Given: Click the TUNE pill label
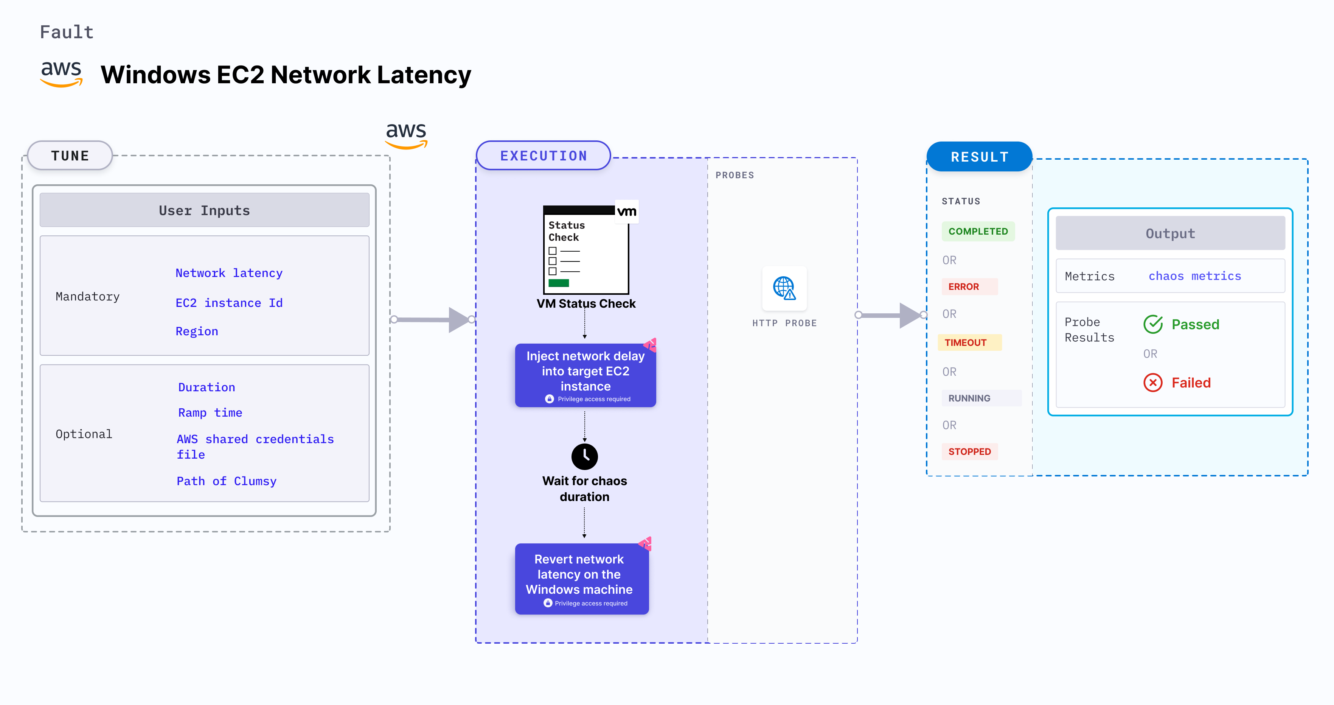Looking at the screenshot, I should coord(70,156).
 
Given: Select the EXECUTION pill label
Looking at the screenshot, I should coord(543,156).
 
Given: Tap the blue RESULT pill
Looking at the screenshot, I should coord(979,156).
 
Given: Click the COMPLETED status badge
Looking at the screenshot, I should coord(978,232).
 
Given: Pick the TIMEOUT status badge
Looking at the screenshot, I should coord(966,342).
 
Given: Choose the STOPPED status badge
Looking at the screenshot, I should coord(969,451).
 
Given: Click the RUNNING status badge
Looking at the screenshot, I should coord(969,398).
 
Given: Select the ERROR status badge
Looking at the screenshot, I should coord(964,286).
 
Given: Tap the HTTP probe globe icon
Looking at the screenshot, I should coord(784,288).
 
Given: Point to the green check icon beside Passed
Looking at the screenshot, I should coord(1153,324).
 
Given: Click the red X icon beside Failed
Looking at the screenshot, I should coord(1153,383).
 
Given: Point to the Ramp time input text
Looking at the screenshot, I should coord(210,412).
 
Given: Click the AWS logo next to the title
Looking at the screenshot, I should coord(61,73).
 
